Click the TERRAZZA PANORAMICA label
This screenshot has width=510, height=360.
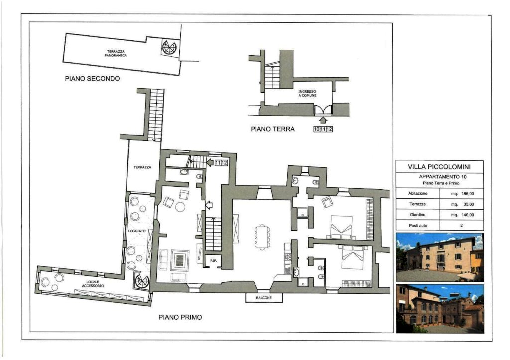[116, 53]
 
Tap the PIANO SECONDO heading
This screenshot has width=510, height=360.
[92, 78]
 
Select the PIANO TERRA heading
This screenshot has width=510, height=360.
[272, 129]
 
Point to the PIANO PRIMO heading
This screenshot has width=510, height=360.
[180, 317]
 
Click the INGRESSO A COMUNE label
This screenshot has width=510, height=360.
[307, 93]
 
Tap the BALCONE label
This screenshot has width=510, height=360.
[264, 298]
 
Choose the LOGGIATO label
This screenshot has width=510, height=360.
[137, 231]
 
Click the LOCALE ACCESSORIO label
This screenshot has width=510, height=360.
[93, 284]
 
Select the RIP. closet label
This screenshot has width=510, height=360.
[213, 261]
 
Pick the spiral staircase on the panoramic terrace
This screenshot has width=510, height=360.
[169, 47]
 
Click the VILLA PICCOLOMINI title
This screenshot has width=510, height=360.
[439, 167]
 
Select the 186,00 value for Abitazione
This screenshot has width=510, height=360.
[467, 194]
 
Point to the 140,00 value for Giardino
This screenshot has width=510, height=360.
[467, 215]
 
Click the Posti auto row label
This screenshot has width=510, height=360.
[418, 226]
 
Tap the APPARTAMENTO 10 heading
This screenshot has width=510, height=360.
[443, 177]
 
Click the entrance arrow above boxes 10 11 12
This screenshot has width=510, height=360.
[323, 120]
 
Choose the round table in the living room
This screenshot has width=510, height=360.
[180, 207]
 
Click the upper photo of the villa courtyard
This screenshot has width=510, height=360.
[440, 257]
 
